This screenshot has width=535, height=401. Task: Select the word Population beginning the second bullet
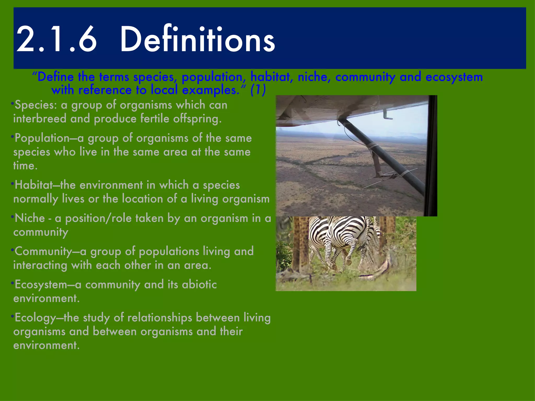click(42, 138)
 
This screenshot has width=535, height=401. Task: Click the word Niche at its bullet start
click(30, 218)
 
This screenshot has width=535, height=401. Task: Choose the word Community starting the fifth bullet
click(43, 251)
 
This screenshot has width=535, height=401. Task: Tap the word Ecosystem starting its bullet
click(41, 285)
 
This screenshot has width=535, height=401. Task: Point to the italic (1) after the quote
click(258, 90)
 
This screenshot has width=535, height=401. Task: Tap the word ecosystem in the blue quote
click(454, 77)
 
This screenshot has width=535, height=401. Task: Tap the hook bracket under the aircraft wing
click(387, 115)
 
